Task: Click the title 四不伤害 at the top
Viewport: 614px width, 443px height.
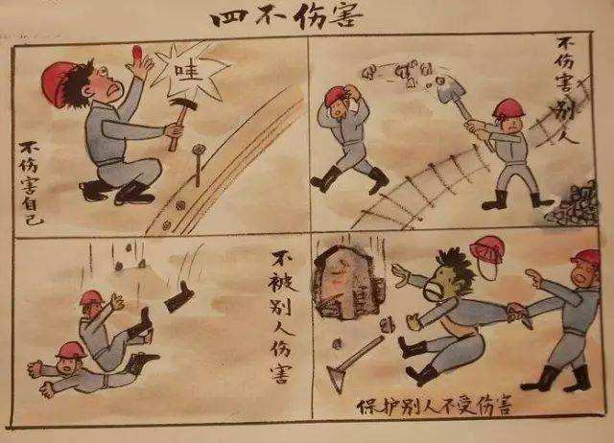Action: (308, 18)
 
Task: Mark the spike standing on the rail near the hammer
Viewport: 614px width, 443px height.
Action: (199, 164)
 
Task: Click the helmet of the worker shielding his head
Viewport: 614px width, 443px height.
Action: (337, 96)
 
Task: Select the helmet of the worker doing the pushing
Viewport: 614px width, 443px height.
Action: (585, 258)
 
